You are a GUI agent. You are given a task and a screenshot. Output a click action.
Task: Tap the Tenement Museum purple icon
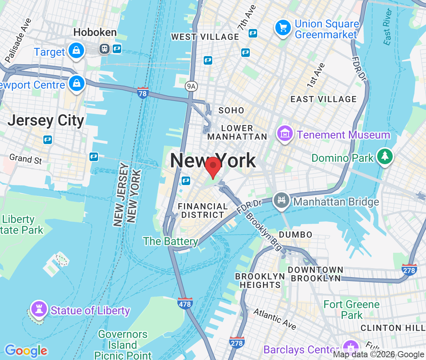pos(285,134)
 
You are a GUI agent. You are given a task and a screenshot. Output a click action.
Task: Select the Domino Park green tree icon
pos(385,157)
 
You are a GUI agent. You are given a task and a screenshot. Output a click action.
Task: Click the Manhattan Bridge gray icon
pos(282,201)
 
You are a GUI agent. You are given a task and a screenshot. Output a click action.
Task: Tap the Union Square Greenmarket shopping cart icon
pos(283,27)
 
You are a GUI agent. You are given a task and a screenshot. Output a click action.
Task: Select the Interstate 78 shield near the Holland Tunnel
pos(143,93)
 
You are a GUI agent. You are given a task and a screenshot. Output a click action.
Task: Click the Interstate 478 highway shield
pos(185,303)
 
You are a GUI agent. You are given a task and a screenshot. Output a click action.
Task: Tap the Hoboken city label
pos(95,32)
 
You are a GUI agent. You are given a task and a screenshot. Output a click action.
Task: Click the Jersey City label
pos(46,120)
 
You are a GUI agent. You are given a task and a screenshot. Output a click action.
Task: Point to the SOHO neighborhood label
pos(231,111)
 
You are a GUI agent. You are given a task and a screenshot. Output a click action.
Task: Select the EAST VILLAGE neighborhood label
pos(323,99)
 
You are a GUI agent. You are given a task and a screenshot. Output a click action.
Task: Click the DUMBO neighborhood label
pos(295,235)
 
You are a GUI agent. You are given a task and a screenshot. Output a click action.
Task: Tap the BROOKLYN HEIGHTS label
pos(260,281)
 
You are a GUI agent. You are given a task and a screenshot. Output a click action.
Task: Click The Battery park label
pos(171,242)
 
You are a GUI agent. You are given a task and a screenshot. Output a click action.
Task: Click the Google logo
pos(26,351)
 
